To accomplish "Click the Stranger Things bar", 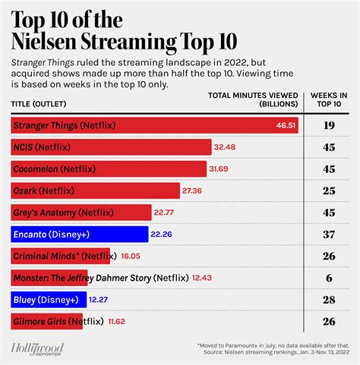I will tap(152, 124).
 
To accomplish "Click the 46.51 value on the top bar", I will tap(286, 124).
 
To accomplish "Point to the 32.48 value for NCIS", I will tap(227, 146).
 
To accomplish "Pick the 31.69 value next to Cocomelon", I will tap(222, 168).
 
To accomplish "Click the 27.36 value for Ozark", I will tap(195, 190).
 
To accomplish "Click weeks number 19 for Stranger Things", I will tap(329, 124).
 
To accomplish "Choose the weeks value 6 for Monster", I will tap(329, 279).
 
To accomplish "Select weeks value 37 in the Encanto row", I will tap(329, 235).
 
